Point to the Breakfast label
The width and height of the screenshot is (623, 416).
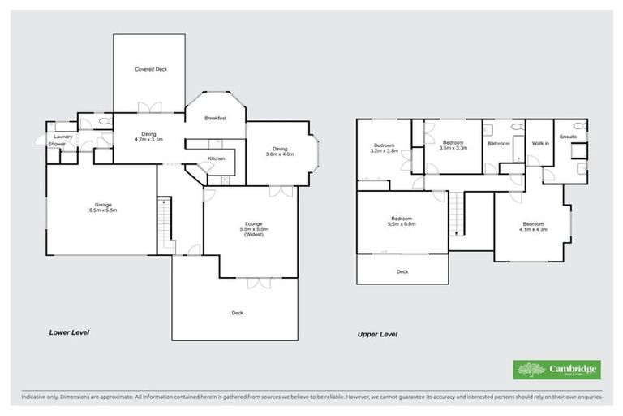pyautogui.click(x=215, y=119)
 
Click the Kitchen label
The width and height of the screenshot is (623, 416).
pyautogui.click(x=216, y=158)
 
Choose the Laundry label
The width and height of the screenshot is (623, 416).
pyautogui.click(x=63, y=136)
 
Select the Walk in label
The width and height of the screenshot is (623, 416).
pyautogui.click(x=539, y=143)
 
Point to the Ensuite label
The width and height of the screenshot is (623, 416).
pyautogui.click(x=568, y=136)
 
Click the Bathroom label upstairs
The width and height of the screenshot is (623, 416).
pyautogui.click(x=498, y=144)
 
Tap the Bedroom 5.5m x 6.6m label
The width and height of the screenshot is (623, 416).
pyautogui.click(x=402, y=222)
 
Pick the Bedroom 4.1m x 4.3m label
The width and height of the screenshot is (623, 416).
pyautogui.click(x=532, y=227)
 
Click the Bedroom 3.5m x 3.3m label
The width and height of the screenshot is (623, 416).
pyautogui.click(x=452, y=145)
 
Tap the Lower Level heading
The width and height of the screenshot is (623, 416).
pyautogui.click(x=69, y=332)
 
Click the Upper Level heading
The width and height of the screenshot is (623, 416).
pyautogui.click(x=377, y=333)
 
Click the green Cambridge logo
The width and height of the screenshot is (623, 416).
pyautogui.click(x=557, y=370)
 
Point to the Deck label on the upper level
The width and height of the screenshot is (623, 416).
pyautogui.click(x=402, y=272)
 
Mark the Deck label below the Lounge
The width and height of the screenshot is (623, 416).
pyautogui.click(x=237, y=313)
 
